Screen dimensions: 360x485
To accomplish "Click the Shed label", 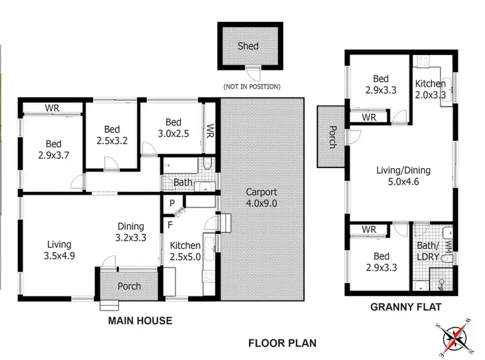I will click(x=248, y=46).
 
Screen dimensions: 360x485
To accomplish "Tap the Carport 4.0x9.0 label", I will click(x=261, y=198).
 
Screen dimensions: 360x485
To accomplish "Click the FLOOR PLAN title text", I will click(x=283, y=343).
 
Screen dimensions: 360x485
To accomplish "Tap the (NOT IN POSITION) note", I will click(x=252, y=87).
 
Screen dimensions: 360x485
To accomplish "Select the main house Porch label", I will click(x=128, y=286).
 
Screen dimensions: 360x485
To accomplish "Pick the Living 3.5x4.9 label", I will click(x=59, y=250).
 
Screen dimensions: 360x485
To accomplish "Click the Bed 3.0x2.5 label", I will click(x=173, y=128).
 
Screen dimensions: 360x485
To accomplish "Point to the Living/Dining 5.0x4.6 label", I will click(x=404, y=176).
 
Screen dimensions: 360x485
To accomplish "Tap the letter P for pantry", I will click(x=172, y=203).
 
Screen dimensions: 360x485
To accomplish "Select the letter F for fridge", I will click(x=169, y=226).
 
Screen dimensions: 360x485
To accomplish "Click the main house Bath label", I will click(x=183, y=183).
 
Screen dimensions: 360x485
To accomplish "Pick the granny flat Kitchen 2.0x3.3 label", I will click(x=430, y=89).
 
